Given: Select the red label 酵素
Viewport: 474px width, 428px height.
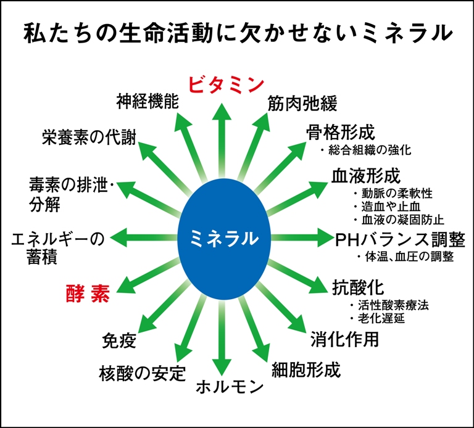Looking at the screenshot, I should click(88, 292).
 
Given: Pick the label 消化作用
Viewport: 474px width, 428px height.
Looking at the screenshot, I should click(344, 339).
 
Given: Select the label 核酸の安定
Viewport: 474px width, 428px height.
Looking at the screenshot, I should click(142, 372).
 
